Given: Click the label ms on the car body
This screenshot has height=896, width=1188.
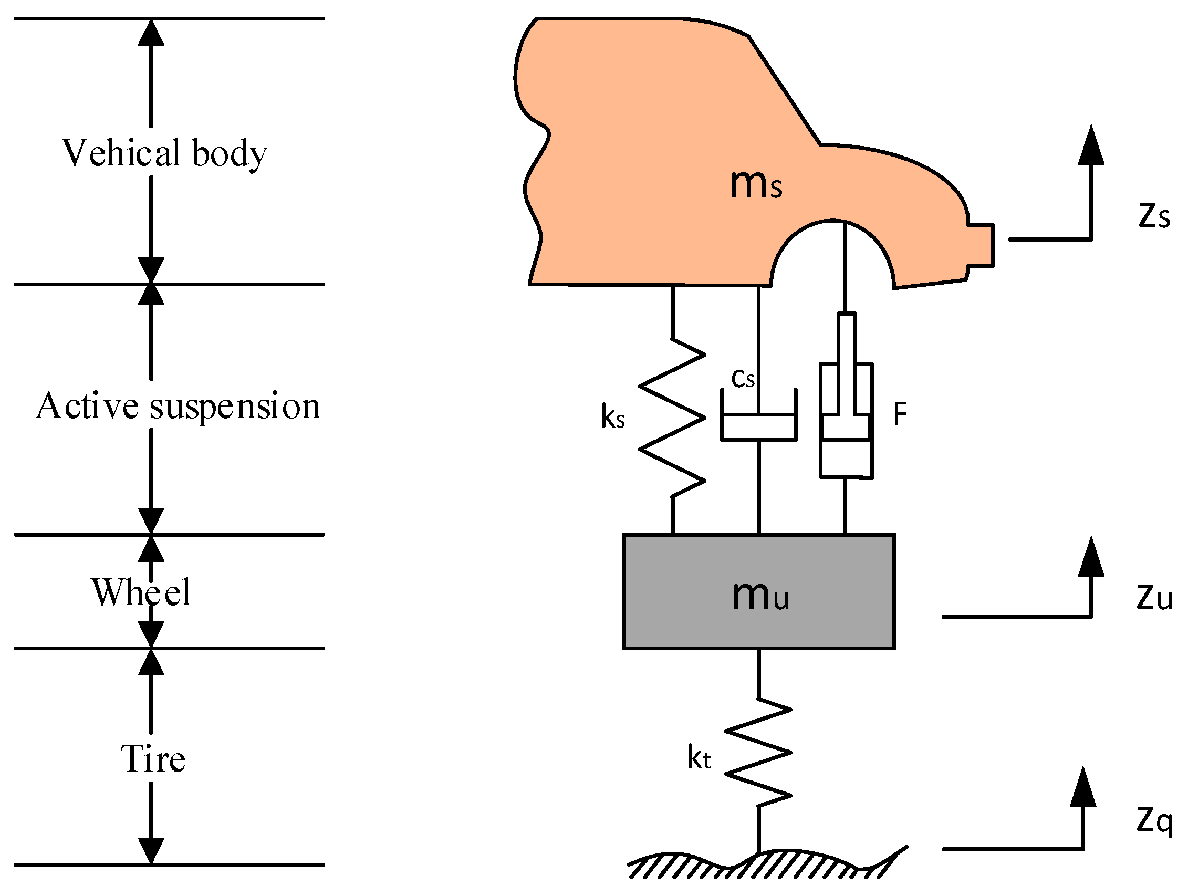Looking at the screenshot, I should [x=756, y=184].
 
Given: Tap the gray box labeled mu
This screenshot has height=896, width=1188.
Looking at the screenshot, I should [x=758, y=591].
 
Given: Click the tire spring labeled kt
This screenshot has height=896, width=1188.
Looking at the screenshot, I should [x=758, y=753].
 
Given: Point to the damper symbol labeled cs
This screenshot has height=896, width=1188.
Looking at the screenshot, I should [x=758, y=427].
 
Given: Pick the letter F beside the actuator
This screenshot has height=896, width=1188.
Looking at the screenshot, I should [x=900, y=414].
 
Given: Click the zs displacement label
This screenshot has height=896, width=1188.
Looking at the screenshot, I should [x=1154, y=216].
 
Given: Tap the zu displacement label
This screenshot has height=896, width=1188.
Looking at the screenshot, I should [x=1154, y=597].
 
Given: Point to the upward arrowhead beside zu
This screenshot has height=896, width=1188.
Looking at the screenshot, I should [x=1091, y=558].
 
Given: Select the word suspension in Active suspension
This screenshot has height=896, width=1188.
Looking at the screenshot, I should [x=235, y=406].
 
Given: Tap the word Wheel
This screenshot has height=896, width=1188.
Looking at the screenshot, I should [x=141, y=592].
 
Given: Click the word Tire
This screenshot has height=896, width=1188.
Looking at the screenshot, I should [x=153, y=759].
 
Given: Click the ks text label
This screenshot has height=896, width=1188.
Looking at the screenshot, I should [x=613, y=417].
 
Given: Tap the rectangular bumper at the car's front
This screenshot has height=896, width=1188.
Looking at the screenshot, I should [x=981, y=245].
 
